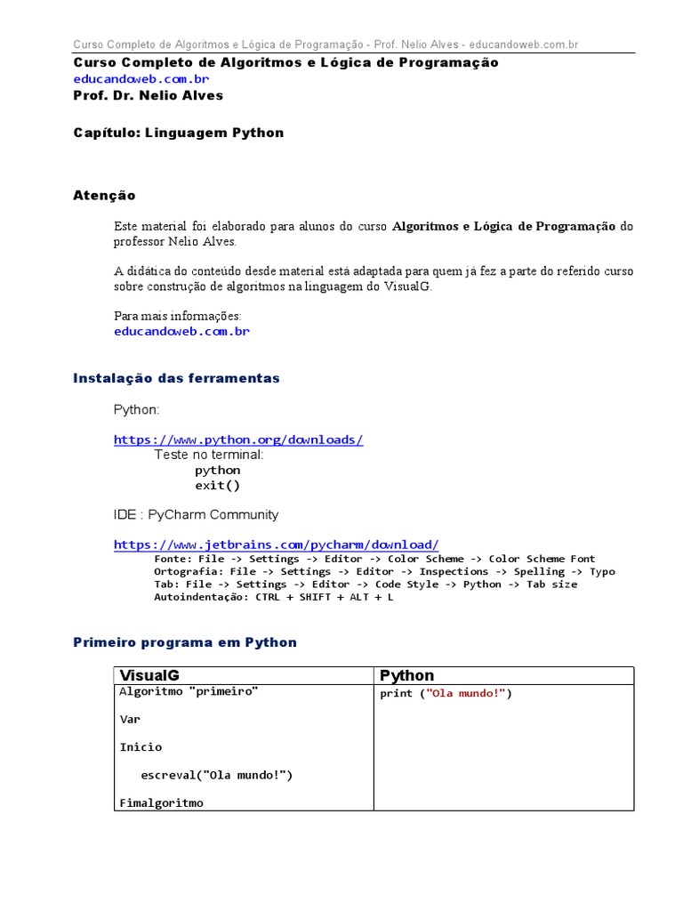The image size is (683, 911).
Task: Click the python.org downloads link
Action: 238,439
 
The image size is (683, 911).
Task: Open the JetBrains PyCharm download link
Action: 276,544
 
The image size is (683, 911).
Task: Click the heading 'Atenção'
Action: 104,195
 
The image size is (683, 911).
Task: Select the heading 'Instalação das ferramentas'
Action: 176,378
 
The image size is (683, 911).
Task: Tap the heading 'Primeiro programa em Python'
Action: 185,642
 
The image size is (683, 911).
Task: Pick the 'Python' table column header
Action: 407,675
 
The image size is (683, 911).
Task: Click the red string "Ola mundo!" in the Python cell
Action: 467,694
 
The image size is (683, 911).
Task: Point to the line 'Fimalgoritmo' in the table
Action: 162,802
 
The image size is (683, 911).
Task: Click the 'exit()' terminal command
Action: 218,486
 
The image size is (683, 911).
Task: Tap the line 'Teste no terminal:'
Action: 209,454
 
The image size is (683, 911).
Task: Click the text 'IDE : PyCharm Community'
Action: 196,514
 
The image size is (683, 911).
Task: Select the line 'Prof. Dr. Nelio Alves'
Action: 148,95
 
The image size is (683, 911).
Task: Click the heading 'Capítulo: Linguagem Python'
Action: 178,133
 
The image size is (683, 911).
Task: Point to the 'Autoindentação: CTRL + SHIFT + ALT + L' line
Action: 273,597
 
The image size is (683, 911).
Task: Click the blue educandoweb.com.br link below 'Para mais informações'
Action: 181,331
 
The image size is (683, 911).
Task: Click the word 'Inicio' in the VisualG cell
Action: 141,747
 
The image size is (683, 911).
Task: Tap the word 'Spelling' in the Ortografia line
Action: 539,571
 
